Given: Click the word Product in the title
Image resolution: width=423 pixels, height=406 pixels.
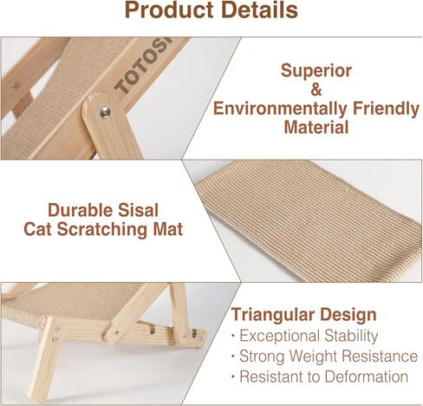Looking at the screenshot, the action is pyautogui.click(x=169, y=10).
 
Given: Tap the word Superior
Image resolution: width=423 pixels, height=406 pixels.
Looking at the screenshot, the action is pyautogui.click(x=316, y=71).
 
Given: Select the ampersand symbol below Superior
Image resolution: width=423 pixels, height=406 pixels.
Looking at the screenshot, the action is pyautogui.click(x=316, y=89).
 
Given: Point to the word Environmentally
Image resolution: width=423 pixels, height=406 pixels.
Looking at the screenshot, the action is pyautogui.click(x=280, y=108).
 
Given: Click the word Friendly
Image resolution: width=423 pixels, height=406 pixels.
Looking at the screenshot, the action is pyautogui.click(x=386, y=108).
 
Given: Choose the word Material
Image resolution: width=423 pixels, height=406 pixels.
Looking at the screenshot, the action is pyautogui.click(x=316, y=128).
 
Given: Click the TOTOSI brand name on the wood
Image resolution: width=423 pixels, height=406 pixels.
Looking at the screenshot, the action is pyautogui.click(x=143, y=68).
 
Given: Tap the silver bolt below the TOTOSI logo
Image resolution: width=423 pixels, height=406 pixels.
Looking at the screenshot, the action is pyautogui.click(x=105, y=112).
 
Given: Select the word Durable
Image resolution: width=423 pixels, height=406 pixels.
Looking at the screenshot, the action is pyautogui.click(x=79, y=210).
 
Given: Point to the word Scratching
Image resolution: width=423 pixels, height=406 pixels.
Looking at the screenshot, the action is pyautogui.click(x=102, y=230).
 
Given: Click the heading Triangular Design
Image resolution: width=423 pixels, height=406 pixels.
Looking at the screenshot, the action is pyautogui.click(x=303, y=315).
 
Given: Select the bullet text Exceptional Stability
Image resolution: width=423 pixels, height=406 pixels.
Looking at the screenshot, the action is pyautogui.click(x=309, y=336).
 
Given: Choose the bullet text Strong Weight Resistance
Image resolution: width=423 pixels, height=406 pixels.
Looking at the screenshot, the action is pyautogui.click(x=329, y=356).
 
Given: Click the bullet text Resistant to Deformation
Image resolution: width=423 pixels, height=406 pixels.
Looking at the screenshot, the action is pyautogui.click(x=323, y=377).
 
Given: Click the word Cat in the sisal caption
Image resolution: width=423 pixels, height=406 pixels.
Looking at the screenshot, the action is pyautogui.click(x=37, y=229).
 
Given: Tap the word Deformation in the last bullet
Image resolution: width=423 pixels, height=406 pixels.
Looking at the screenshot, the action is pyautogui.click(x=366, y=377).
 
